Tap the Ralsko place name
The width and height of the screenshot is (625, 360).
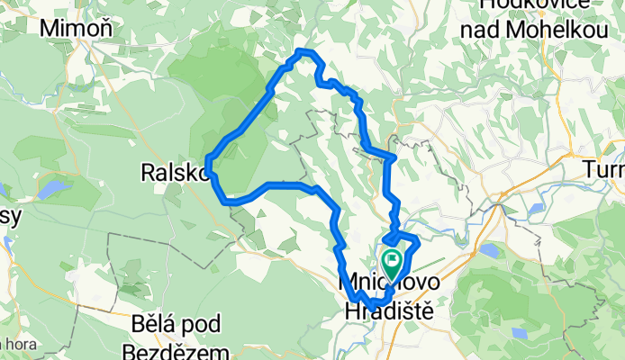click(173, 171)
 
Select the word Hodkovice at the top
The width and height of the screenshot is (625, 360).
click(524, 4)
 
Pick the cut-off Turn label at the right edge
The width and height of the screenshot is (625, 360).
click(604, 169)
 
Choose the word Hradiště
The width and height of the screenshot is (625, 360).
click(387, 309)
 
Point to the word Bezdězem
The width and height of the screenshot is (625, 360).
click(169, 350)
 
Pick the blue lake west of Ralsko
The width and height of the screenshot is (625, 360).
click(54, 190)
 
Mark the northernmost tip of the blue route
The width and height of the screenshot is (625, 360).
click(304, 52)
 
